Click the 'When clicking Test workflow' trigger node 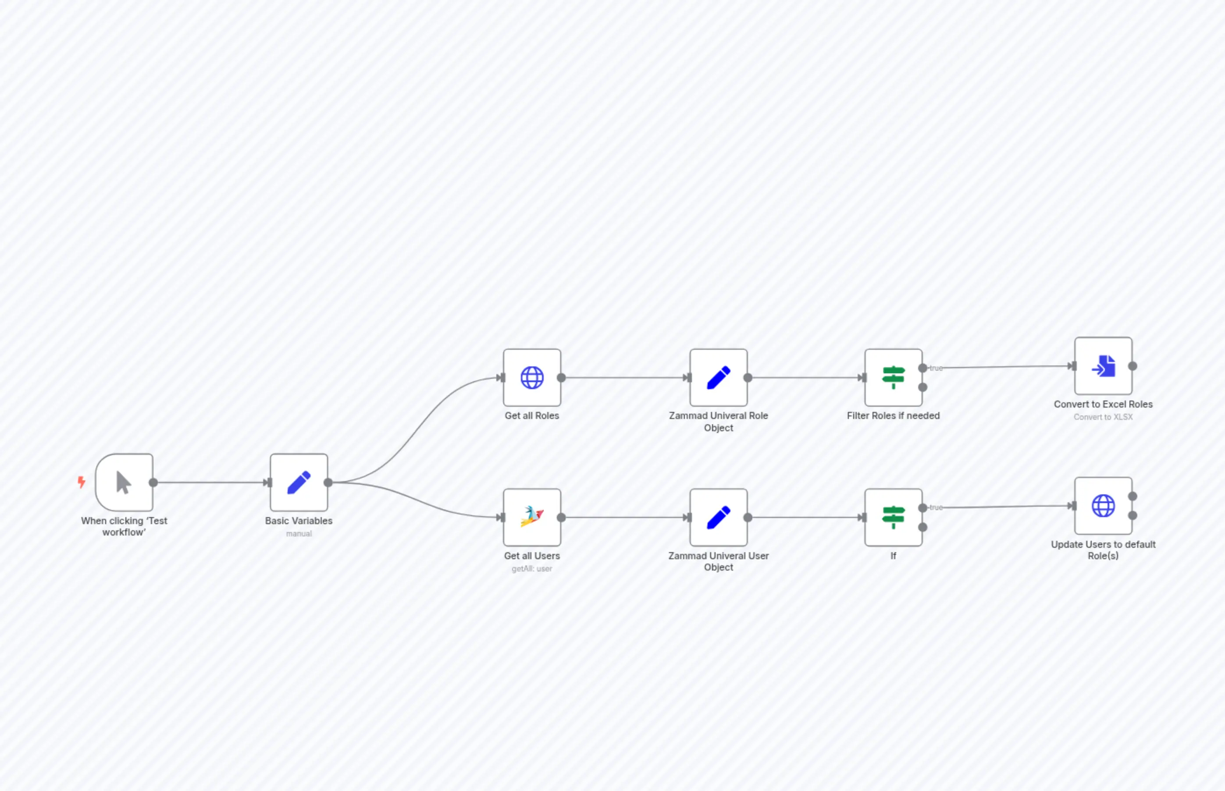124,482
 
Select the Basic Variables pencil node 299,482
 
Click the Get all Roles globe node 532,377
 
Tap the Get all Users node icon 532,517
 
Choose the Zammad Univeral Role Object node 718,377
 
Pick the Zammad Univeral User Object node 718,517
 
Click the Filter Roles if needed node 893,377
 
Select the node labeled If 893,517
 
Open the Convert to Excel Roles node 1103,366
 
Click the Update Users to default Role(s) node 1103,506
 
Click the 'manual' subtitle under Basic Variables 299,534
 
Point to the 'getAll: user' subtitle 532,568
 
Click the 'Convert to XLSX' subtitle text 1103,417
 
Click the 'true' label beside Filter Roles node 936,368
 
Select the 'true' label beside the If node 936,507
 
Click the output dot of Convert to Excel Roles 1132,366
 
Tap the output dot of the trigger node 153,482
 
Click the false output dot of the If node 923,527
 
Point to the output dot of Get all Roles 561,377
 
